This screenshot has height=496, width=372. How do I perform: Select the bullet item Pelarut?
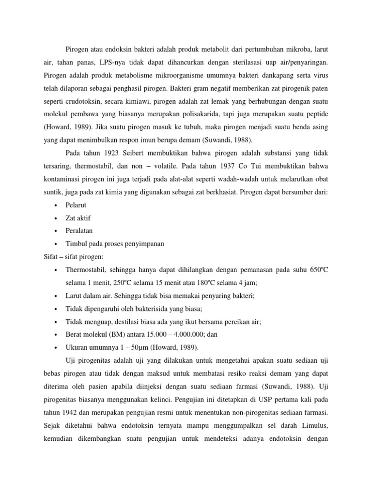click(x=76, y=205)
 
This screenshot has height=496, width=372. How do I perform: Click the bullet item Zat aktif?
click(x=78, y=218)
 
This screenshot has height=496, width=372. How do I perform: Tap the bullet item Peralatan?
click(x=79, y=231)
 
